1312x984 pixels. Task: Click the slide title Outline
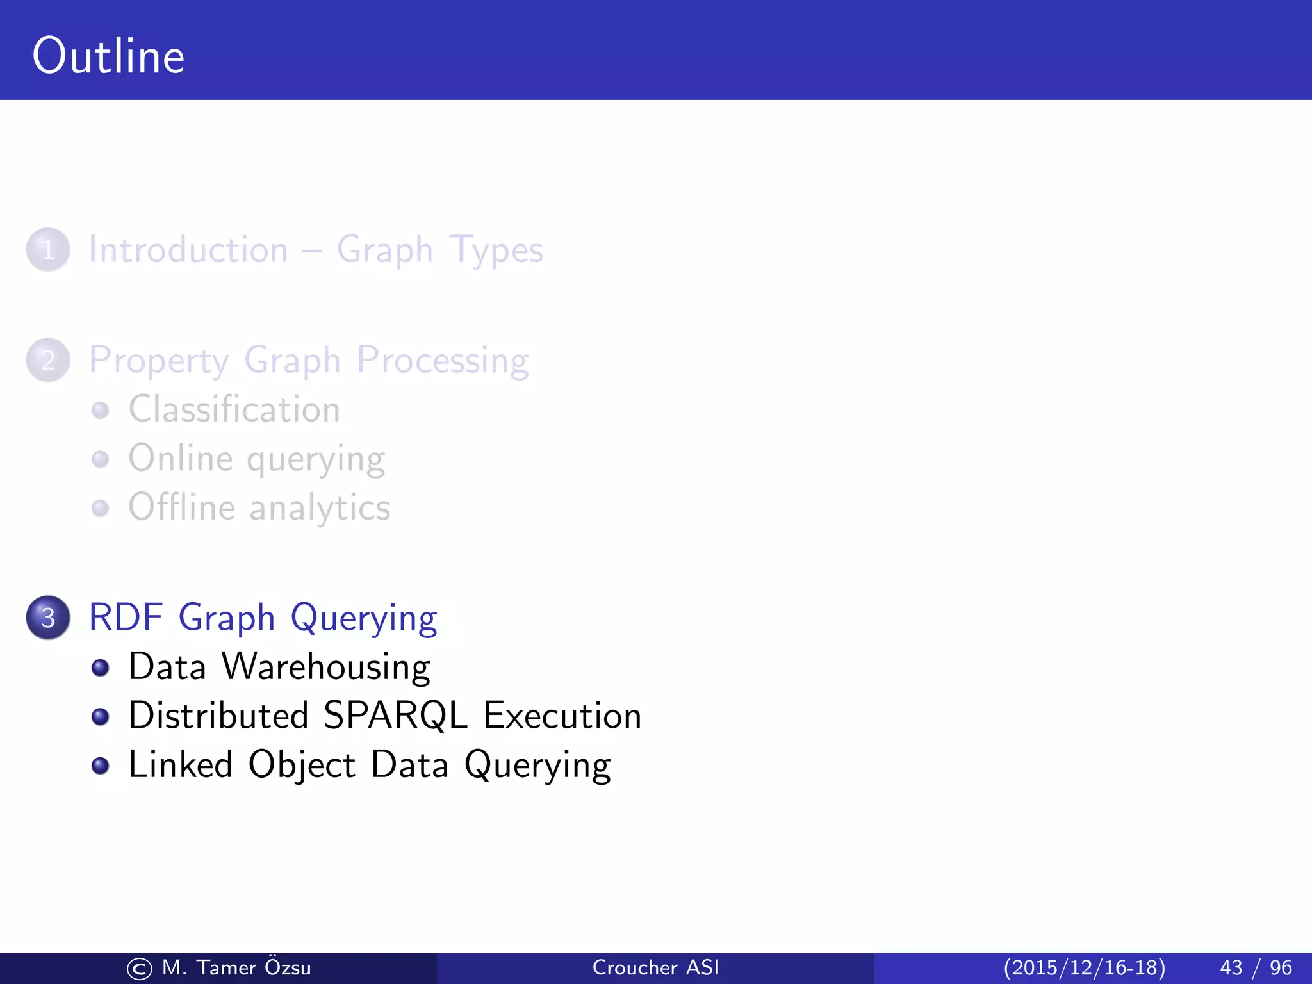pos(108,56)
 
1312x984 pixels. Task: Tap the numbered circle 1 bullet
pos(48,250)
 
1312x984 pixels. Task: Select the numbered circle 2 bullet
pos(48,360)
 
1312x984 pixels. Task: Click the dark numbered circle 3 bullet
pos(48,618)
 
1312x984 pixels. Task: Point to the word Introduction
pos(188,250)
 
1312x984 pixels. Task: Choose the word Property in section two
pos(158,361)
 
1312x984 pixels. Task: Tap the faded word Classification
pos(234,409)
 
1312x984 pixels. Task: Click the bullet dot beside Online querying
pos(101,459)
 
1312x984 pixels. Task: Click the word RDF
pos(126,618)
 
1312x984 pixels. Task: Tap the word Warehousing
pos(325,667)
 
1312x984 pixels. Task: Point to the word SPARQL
pos(395,716)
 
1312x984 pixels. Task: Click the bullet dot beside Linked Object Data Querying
pos(101,766)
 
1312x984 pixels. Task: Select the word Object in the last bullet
pos(301,766)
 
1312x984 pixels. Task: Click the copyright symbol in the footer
pos(140,969)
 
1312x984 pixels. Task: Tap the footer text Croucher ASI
pos(655,968)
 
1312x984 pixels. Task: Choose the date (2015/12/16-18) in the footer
pos(1084,968)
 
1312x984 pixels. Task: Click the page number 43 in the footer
pos(1231,968)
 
